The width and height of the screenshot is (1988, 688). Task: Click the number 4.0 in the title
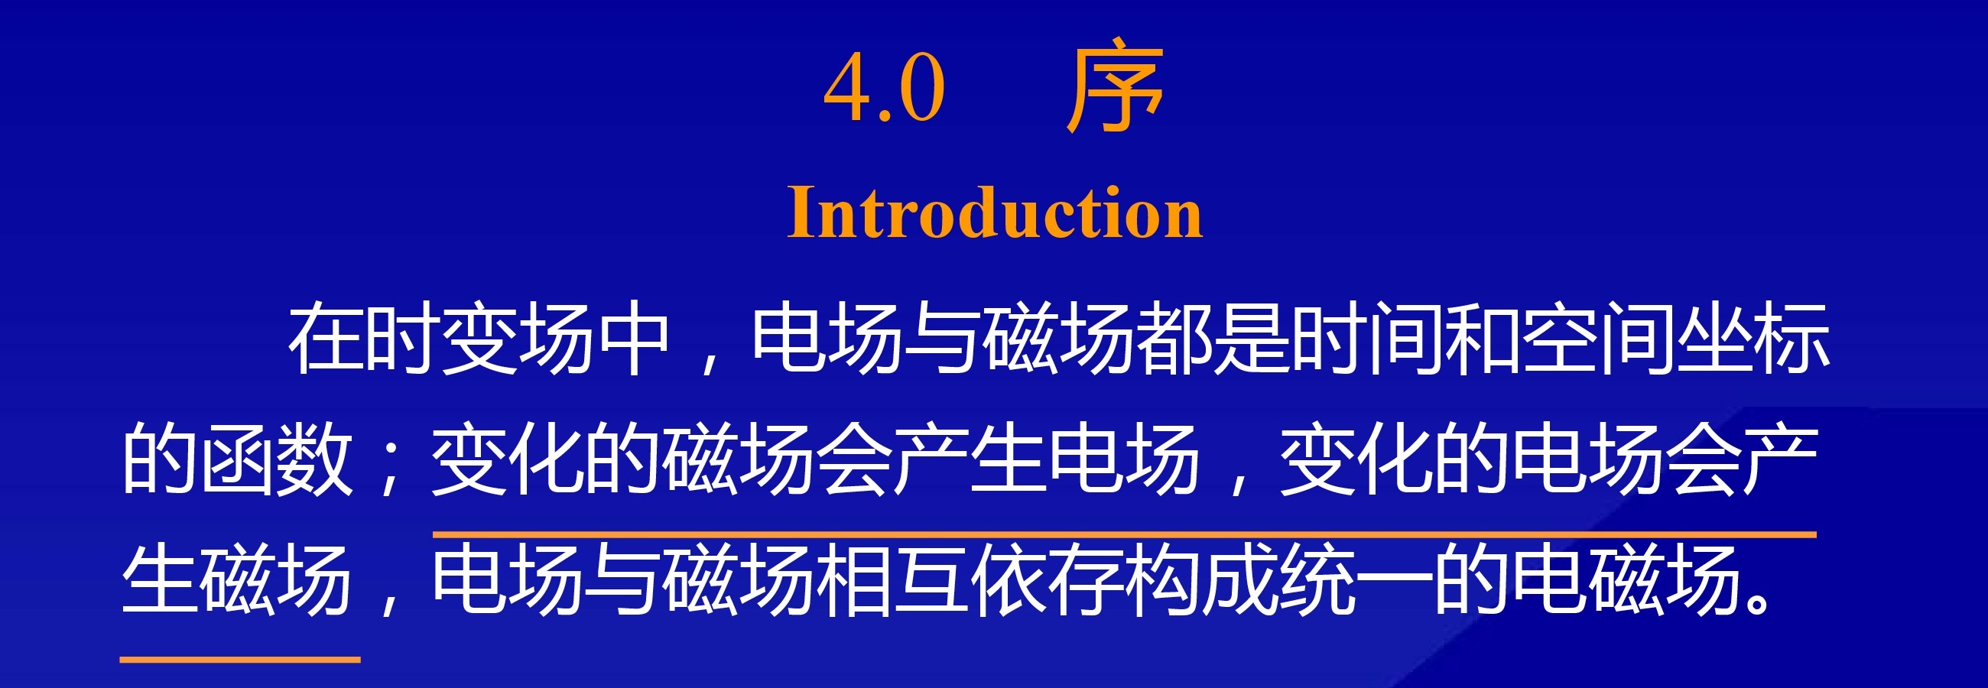click(885, 88)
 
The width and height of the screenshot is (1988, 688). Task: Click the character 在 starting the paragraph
click(326, 339)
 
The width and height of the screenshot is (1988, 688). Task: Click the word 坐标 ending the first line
click(1752, 339)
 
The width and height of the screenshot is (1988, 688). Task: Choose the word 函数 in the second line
click(276, 459)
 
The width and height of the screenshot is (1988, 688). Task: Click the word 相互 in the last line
click(893, 579)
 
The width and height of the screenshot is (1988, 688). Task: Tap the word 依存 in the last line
click(1048, 579)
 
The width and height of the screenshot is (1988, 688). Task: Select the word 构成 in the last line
click(1202, 579)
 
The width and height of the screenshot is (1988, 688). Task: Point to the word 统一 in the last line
click(1356, 579)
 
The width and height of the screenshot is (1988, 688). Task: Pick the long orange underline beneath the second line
click(1124, 534)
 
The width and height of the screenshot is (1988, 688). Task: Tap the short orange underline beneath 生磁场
click(240, 660)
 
